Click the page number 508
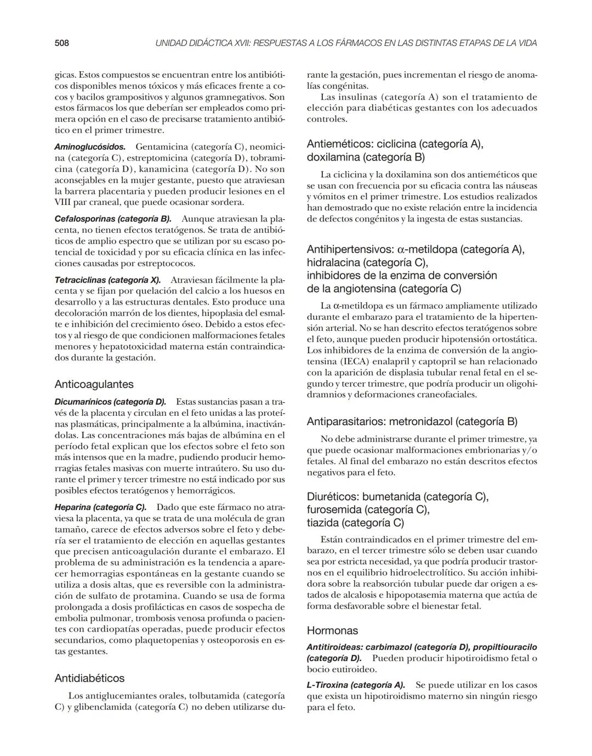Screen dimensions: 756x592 (61, 43)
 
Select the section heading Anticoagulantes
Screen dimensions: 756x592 (94, 384)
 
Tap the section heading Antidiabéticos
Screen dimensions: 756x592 (89, 678)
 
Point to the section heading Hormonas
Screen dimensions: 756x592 (332, 630)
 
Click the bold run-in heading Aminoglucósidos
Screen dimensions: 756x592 (90, 147)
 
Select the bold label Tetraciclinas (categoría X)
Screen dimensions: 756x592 (107, 280)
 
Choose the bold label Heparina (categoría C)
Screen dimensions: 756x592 (100, 507)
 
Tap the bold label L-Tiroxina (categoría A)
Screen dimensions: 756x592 (356, 685)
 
